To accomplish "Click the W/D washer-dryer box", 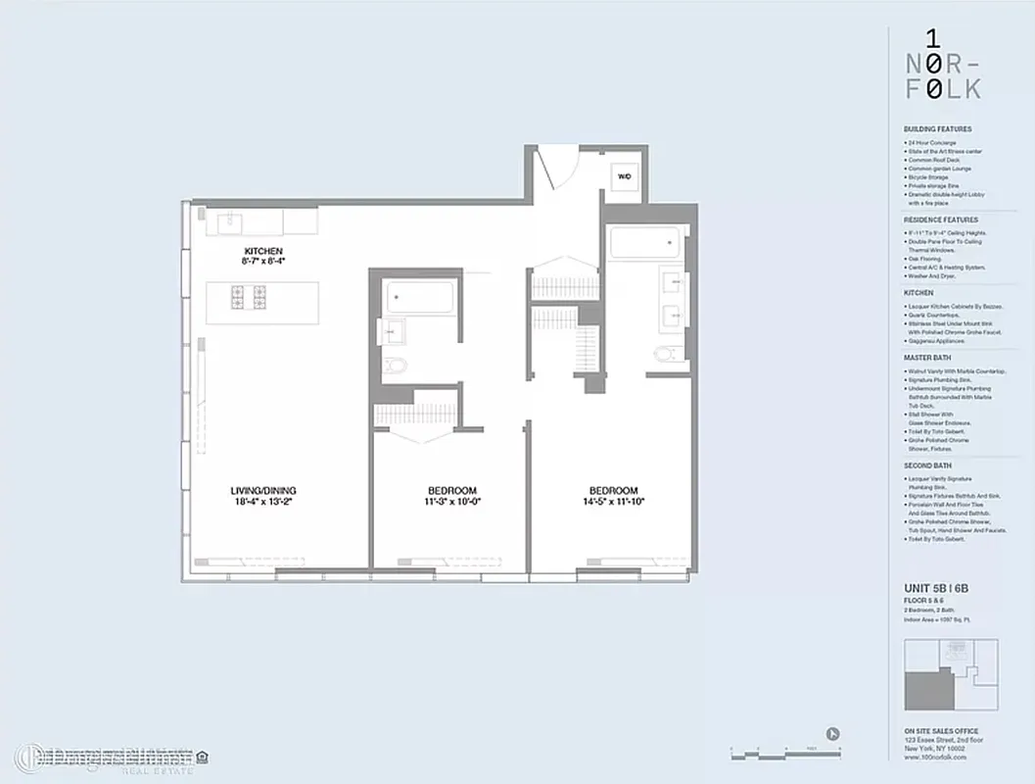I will point(624,176).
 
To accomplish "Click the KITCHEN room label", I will point(263,252).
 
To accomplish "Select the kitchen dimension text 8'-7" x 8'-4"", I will point(263,262).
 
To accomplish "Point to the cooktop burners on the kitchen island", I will point(250,296).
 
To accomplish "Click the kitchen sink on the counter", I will point(230,220).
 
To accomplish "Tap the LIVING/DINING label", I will point(264,490).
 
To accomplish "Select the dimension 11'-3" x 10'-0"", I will point(452,501).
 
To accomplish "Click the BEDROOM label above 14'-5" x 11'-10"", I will point(614,490).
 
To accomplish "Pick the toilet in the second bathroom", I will point(397,366).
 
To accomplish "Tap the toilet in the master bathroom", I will point(665,354).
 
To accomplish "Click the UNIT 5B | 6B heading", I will point(936,588).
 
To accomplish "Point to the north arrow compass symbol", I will point(833,732).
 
